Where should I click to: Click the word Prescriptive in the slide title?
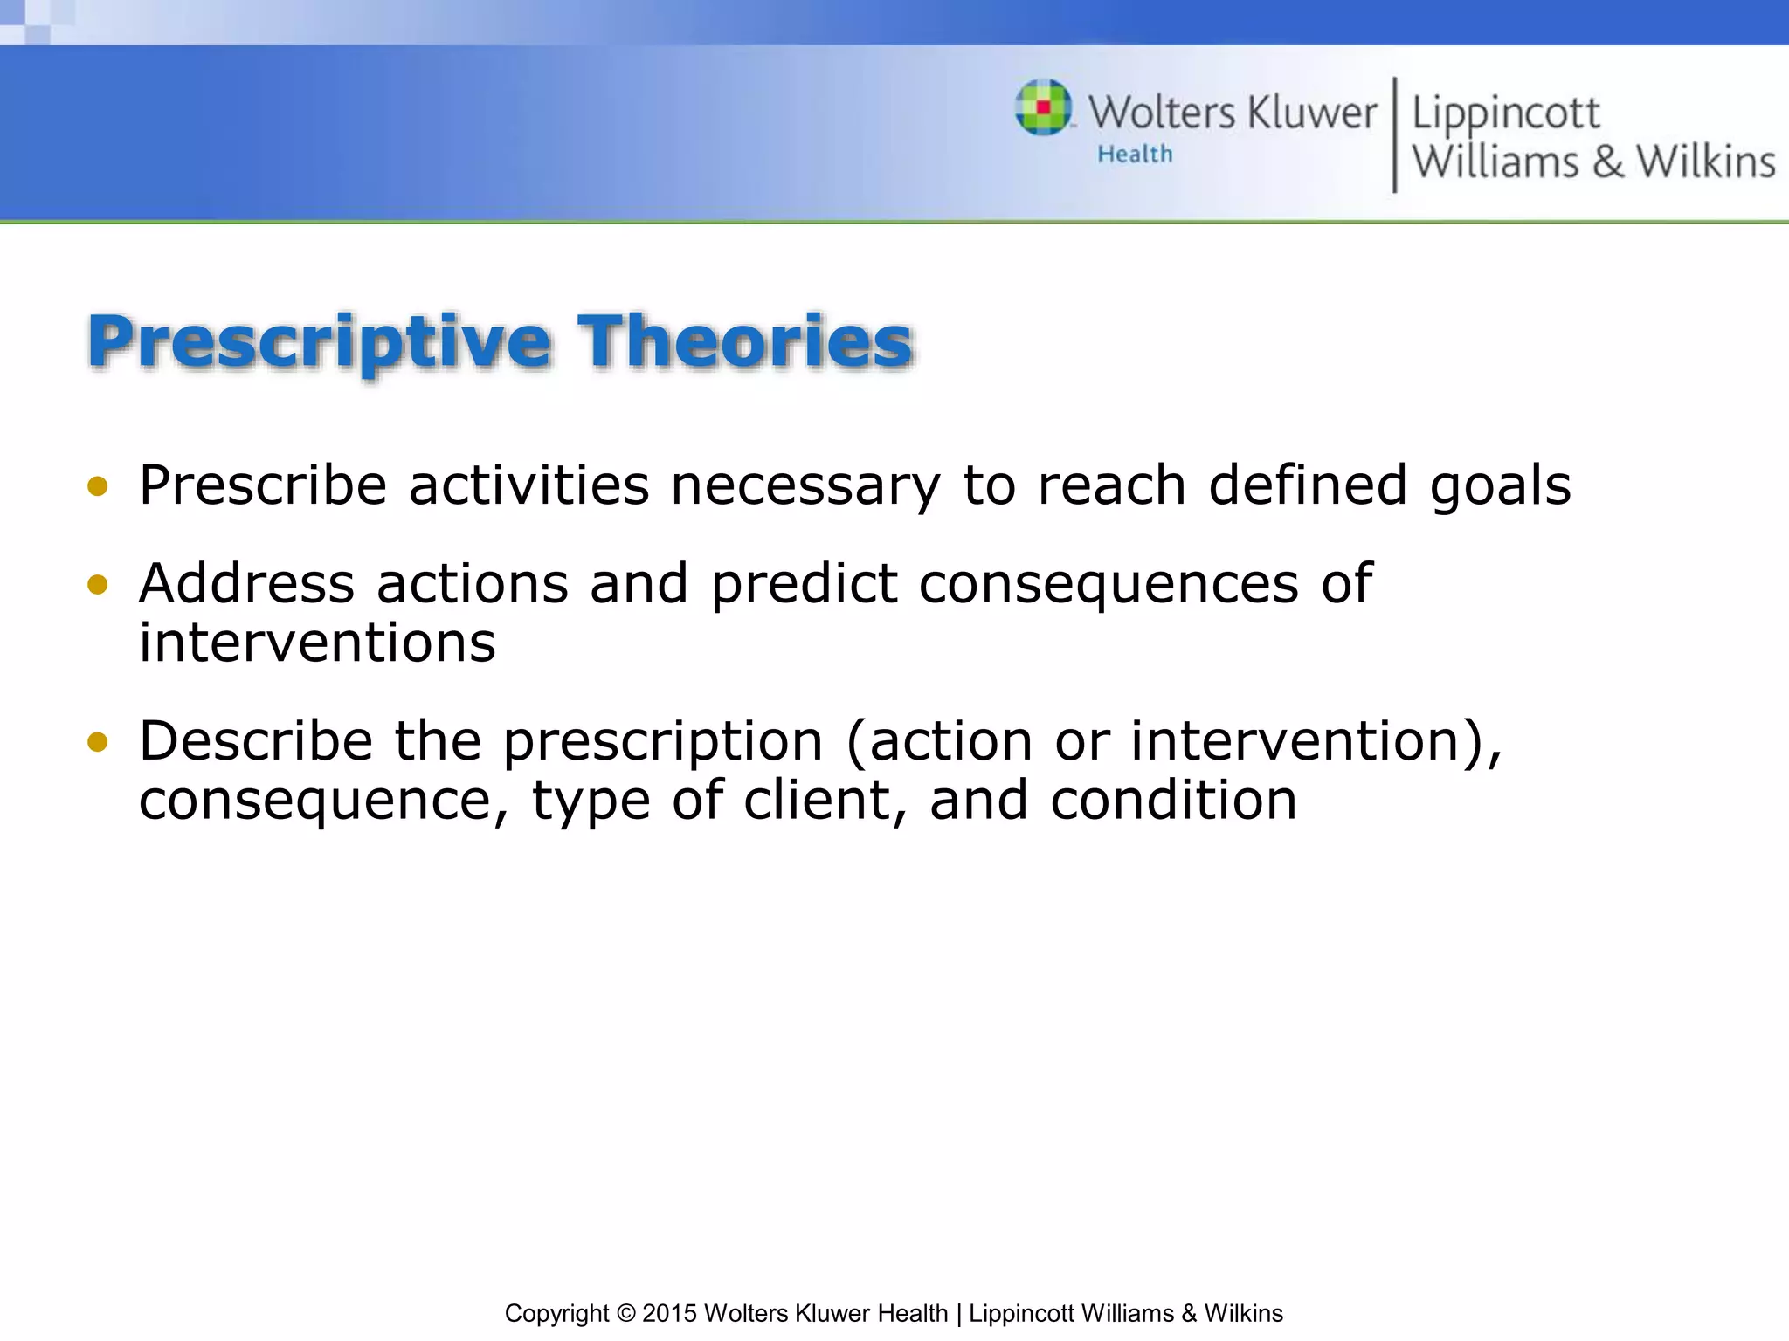[x=319, y=342]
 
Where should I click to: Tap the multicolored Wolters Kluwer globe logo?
[x=1043, y=107]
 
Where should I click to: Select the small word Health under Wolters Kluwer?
[x=1135, y=155]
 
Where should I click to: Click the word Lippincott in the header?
[x=1505, y=113]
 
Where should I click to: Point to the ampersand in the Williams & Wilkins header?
[x=1607, y=163]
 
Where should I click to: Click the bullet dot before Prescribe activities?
[x=98, y=486]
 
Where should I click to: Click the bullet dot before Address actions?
[x=98, y=584]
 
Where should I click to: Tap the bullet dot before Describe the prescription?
[x=98, y=742]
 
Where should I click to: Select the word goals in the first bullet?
[x=1500, y=486]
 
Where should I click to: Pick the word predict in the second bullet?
[x=804, y=584]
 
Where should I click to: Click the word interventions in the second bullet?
[x=317, y=643]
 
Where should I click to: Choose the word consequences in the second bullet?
[x=1109, y=584]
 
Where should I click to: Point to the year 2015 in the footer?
[x=670, y=1313]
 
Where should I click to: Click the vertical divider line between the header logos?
[x=1394, y=135]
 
